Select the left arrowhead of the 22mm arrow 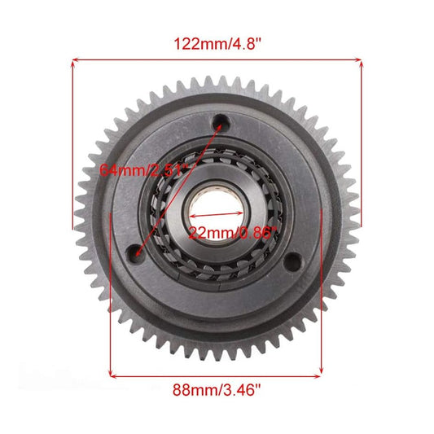point(195,218)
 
